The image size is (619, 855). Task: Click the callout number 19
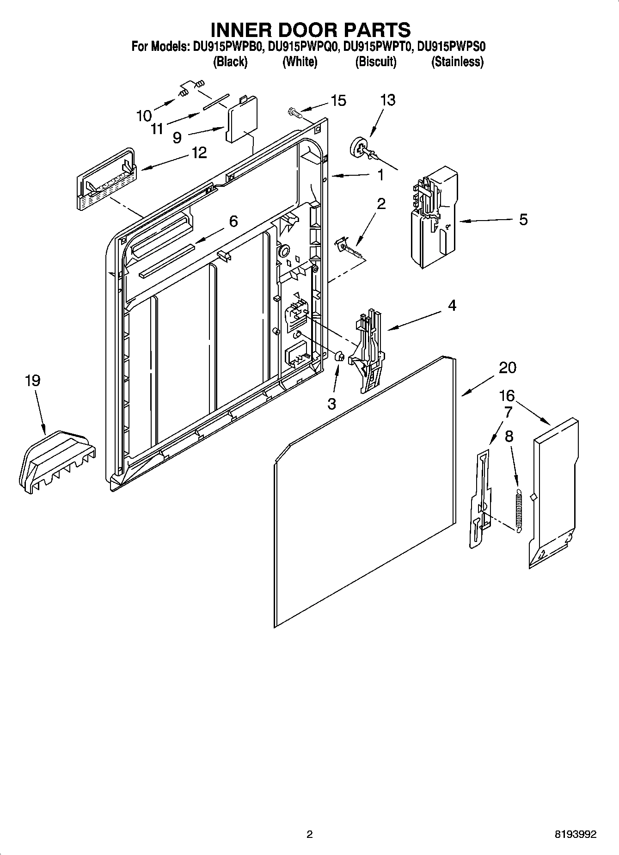32,381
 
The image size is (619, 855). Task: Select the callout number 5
523,219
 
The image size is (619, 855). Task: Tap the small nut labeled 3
338,357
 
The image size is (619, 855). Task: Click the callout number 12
199,153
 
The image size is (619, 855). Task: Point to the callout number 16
507,396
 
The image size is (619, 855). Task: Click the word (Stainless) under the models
457,62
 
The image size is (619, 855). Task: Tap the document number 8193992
575,834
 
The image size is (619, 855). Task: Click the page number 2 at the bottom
309,834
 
